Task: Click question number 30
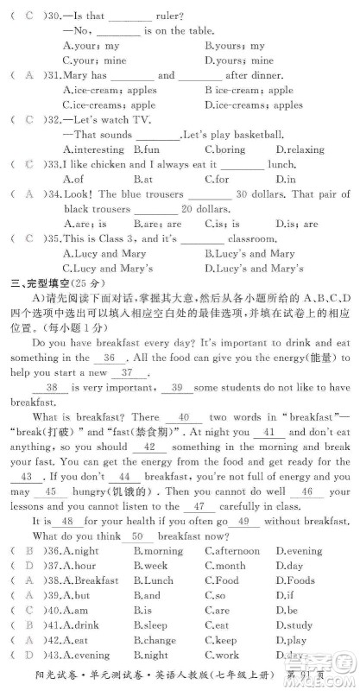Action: point(54,16)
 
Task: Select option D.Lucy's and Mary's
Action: point(251,269)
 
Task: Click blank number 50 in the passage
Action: point(136,536)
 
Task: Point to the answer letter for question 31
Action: point(28,75)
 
